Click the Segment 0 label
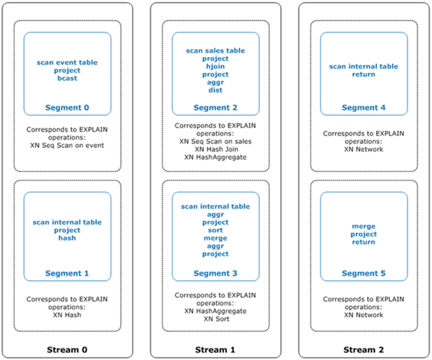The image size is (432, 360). [x=67, y=107]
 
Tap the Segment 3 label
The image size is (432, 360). [x=215, y=274]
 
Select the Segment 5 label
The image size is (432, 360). [x=364, y=274]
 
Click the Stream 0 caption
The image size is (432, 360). [x=67, y=349]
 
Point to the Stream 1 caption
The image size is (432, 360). [x=215, y=349]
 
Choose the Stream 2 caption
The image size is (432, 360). [x=364, y=349]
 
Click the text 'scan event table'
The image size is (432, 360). [x=67, y=62]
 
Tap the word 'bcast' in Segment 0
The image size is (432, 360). [x=67, y=78]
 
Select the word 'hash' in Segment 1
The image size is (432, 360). [x=67, y=238]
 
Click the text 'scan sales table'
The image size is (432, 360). [x=215, y=50]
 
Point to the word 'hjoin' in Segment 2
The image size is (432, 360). [x=215, y=66]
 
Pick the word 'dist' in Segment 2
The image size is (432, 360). [x=215, y=90]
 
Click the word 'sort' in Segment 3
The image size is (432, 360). [x=215, y=230]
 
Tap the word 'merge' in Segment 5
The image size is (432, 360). [x=364, y=226]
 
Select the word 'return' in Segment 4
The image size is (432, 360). [x=364, y=74]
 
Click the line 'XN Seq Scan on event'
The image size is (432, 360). [x=67, y=145]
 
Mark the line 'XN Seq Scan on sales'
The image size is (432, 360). [x=215, y=141]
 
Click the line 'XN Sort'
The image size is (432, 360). [x=215, y=319]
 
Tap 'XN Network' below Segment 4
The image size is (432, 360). [x=364, y=149]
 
